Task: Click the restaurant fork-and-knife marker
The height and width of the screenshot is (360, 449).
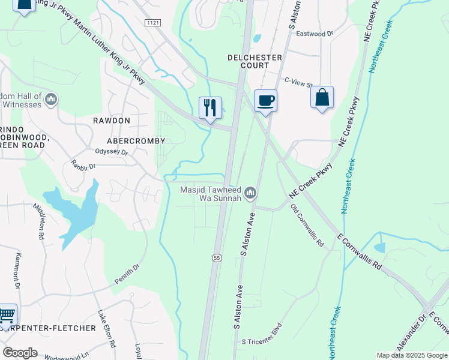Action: (x=210, y=108)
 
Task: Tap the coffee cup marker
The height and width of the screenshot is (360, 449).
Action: (x=265, y=101)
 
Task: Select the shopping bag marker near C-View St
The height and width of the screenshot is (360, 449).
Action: (x=322, y=97)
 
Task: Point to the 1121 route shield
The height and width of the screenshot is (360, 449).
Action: (x=152, y=22)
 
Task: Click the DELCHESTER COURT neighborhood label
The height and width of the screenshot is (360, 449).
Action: (x=255, y=62)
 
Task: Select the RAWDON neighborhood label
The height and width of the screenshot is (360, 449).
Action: (x=112, y=121)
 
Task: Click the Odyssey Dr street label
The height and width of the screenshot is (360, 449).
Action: (x=112, y=152)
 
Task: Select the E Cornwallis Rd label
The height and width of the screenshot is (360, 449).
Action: (x=360, y=251)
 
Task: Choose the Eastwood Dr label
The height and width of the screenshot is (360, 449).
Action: (x=314, y=34)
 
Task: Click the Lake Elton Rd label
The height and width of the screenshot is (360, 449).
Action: (x=107, y=329)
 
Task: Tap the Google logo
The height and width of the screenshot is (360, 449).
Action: (x=20, y=353)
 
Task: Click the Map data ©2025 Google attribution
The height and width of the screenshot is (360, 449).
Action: (x=411, y=355)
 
